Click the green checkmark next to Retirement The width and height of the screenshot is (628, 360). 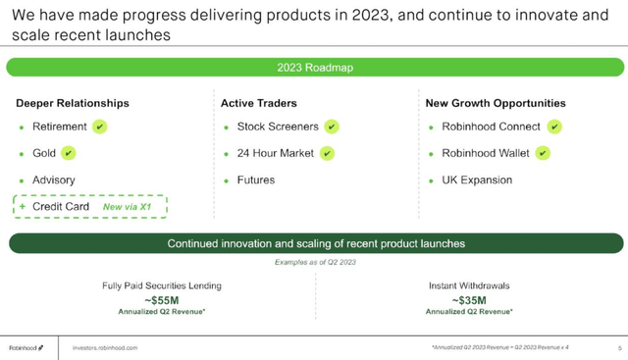pos(100,128)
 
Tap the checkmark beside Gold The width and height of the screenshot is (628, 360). pos(68,153)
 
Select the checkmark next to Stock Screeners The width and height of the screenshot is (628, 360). pos(332,128)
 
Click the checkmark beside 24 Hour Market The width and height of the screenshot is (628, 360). pos(327,153)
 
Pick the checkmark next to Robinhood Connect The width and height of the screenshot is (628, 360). pos(554,128)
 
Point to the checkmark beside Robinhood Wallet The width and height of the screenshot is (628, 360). pos(543,153)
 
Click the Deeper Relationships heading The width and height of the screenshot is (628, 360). pos(73,103)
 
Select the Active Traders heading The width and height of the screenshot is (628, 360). pos(258,103)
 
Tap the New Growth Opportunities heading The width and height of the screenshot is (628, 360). pos(496,103)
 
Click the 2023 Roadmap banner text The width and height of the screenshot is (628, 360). pos(315,68)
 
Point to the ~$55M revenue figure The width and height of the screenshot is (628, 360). pos(162,299)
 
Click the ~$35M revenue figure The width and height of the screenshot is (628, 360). pos(469,299)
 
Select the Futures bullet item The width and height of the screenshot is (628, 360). pos(255,180)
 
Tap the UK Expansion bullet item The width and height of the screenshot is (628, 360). pos(478,180)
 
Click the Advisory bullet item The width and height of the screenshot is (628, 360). pos(54,180)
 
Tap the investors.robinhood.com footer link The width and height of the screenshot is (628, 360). pos(105,348)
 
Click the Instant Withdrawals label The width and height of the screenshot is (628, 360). pos(469,285)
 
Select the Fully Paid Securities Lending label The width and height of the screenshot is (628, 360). pos(162,285)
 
